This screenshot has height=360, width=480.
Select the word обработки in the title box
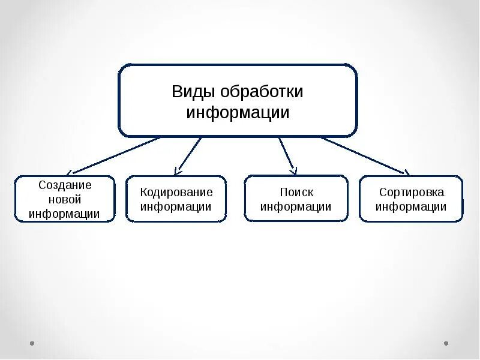(x=262, y=92)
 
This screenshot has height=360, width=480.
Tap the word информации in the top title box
(x=238, y=113)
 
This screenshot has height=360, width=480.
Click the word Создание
(x=65, y=185)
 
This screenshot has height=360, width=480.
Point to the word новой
(x=64, y=200)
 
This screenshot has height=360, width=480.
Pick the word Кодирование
(x=176, y=193)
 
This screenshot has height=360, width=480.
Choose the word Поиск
(x=296, y=193)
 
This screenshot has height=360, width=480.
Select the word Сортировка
(x=411, y=193)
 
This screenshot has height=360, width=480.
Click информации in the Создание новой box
(x=64, y=214)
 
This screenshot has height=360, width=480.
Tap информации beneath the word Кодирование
(x=176, y=207)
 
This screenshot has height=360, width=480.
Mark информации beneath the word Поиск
(x=296, y=207)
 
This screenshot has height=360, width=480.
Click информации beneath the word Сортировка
(x=411, y=207)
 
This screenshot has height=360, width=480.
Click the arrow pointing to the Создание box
(x=114, y=155)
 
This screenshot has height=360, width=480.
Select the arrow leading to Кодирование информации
(x=188, y=154)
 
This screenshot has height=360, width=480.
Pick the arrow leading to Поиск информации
(x=287, y=155)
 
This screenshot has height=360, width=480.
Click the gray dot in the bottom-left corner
(x=32, y=344)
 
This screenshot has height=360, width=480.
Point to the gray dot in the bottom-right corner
(x=446, y=344)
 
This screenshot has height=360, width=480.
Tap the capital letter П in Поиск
(x=284, y=193)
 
